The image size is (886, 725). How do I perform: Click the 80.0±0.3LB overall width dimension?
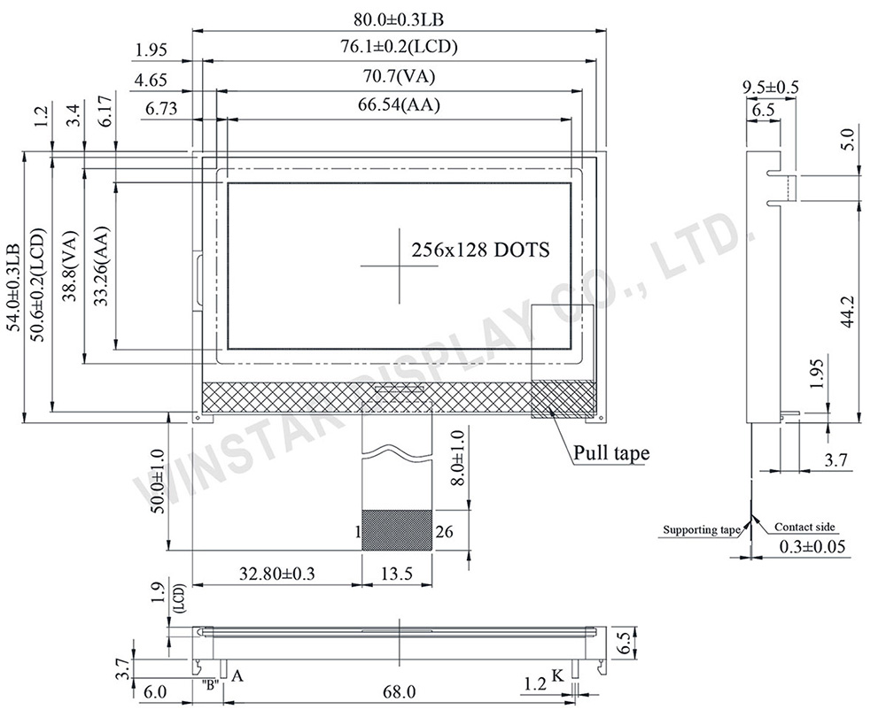[399, 19]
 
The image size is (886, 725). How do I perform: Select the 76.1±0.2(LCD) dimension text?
[399, 46]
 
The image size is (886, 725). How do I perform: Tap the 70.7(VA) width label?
[399, 75]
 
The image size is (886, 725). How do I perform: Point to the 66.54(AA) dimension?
[399, 105]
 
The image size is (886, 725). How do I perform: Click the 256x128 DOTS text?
[480, 250]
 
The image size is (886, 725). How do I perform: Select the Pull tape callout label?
[611, 453]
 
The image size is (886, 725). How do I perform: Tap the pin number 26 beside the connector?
[444, 531]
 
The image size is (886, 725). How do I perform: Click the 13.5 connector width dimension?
[397, 574]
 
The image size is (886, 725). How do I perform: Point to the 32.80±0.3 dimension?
[276, 574]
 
